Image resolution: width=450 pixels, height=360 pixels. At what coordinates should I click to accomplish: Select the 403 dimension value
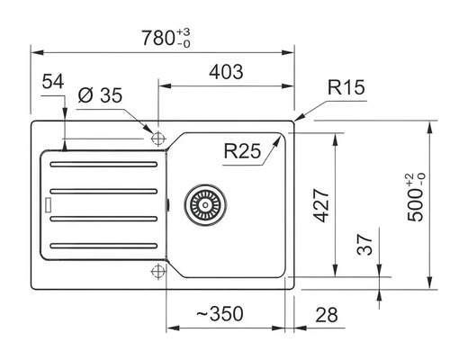(x=226, y=72)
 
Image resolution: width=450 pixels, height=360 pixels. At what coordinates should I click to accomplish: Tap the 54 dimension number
(x=53, y=81)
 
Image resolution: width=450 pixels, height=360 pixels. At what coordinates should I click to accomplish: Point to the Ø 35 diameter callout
(x=100, y=95)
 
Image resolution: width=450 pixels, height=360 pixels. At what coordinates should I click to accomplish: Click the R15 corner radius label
(x=346, y=87)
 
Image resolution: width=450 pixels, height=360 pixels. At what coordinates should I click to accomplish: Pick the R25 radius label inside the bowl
(x=242, y=151)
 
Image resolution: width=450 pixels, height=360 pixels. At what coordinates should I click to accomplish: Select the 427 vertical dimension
(x=321, y=205)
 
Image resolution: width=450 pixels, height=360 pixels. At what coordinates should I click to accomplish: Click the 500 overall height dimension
(x=416, y=197)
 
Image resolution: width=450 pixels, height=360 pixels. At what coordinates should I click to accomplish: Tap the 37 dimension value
(x=364, y=245)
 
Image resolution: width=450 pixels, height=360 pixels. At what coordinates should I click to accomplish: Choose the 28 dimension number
(x=327, y=315)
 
